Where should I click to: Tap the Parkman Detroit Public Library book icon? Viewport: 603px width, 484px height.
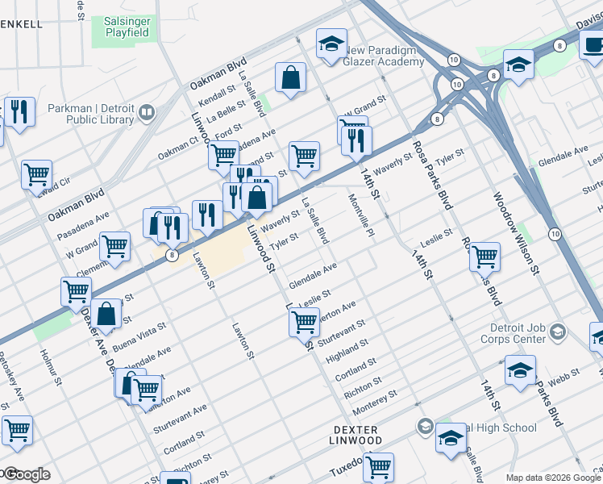click(148, 114)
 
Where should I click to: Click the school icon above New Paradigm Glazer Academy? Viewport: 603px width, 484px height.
click(330, 45)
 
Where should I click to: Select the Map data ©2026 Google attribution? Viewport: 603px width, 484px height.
click(552, 477)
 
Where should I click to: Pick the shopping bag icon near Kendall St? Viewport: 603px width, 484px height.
click(290, 78)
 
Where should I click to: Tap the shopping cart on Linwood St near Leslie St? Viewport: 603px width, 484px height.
click(304, 321)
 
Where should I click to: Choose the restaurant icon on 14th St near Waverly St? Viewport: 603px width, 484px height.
click(356, 140)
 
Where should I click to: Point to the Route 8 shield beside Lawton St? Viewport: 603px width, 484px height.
click(173, 255)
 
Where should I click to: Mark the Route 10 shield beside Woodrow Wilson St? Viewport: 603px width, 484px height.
click(555, 233)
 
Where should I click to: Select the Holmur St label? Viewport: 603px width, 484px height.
click(48, 364)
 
